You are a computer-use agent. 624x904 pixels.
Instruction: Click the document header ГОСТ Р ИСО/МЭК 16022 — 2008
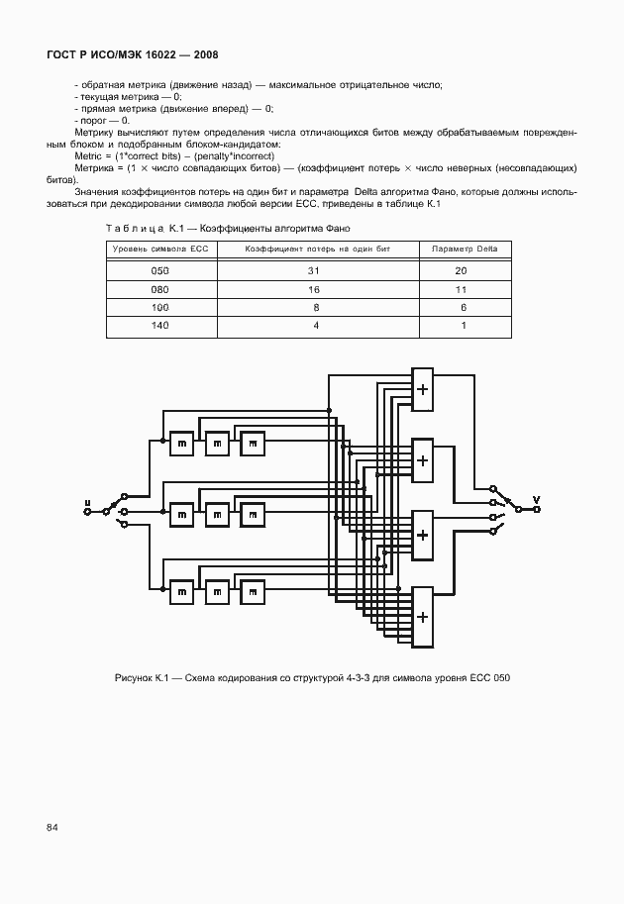[x=132, y=54]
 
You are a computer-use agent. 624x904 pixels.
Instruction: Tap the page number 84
[x=51, y=827]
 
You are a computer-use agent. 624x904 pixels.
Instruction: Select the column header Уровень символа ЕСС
[x=160, y=248]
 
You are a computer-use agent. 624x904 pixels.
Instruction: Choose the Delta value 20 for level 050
[x=462, y=270]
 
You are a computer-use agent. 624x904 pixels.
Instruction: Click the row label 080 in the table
[x=160, y=289]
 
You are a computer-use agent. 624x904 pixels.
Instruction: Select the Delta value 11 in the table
[x=462, y=289]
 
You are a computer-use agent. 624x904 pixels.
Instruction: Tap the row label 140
[x=160, y=326]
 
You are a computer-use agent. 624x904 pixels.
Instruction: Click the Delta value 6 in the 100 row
[x=463, y=308]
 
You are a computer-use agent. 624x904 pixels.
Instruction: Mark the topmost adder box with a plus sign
[x=423, y=389]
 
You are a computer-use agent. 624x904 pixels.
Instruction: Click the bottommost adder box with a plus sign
[x=423, y=616]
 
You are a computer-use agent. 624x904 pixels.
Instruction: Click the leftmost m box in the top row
[x=181, y=444]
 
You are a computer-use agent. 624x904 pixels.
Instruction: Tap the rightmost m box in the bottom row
[x=253, y=592]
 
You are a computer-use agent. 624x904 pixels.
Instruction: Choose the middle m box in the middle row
[x=217, y=515]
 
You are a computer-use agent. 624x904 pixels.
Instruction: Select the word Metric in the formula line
[x=90, y=157]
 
